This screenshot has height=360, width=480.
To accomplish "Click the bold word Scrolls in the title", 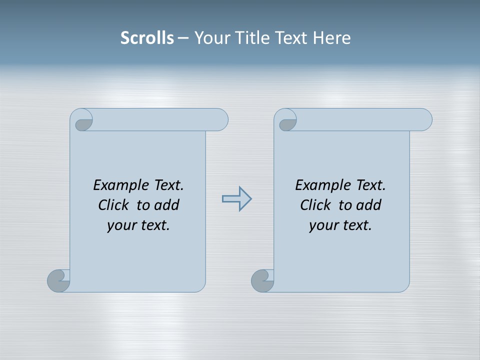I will (147, 38).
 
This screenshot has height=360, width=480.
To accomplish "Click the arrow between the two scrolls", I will (236, 199).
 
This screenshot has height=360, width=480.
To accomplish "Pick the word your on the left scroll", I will (120, 225).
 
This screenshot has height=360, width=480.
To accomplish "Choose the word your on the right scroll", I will (322, 225).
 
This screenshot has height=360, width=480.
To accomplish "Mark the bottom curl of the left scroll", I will (58, 280).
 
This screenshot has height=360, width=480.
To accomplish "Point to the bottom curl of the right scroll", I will (262, 280).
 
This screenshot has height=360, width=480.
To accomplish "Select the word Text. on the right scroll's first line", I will (370, 185).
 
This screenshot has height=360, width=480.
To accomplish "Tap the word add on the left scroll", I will (167, 205).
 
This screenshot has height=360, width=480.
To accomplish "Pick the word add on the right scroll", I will (369, 205).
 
